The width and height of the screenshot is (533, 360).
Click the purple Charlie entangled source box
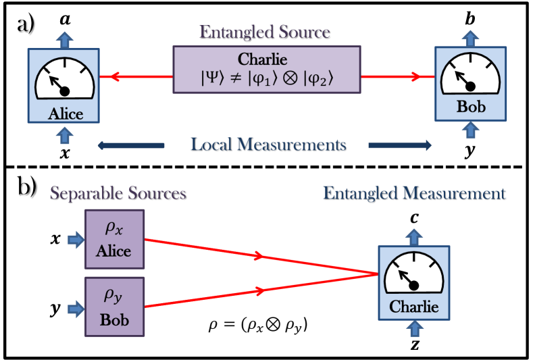tap(267, 70)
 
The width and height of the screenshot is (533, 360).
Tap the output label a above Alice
tap(66, 20)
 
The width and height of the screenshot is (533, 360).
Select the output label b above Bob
tap(470, 18)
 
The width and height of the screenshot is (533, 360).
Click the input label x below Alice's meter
tap(65, 153)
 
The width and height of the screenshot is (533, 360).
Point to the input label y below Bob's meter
tap(470, 151)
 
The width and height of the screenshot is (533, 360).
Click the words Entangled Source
tap(265, 32)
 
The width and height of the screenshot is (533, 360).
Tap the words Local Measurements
tap(268, 145)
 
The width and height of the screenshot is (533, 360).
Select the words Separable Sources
tap(118, 193)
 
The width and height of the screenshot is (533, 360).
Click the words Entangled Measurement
tap(414, 194)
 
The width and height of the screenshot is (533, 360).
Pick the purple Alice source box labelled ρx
tap(115, 239)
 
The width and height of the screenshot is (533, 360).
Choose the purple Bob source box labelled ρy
tap(115, 307)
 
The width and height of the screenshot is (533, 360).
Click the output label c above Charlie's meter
tap(414, 218)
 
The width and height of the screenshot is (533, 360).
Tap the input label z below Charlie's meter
tap(415, 345)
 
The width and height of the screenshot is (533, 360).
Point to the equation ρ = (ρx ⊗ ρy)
tap(258, 326)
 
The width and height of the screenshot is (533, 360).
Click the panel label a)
tap(26, 25)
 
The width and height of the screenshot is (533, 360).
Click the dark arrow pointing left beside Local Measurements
tap(131, 146)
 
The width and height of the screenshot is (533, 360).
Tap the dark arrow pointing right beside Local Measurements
tap(400, 145)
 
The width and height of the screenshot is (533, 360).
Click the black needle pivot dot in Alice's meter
tap(65, 91)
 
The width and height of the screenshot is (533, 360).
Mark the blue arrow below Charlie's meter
tap(415, 329)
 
